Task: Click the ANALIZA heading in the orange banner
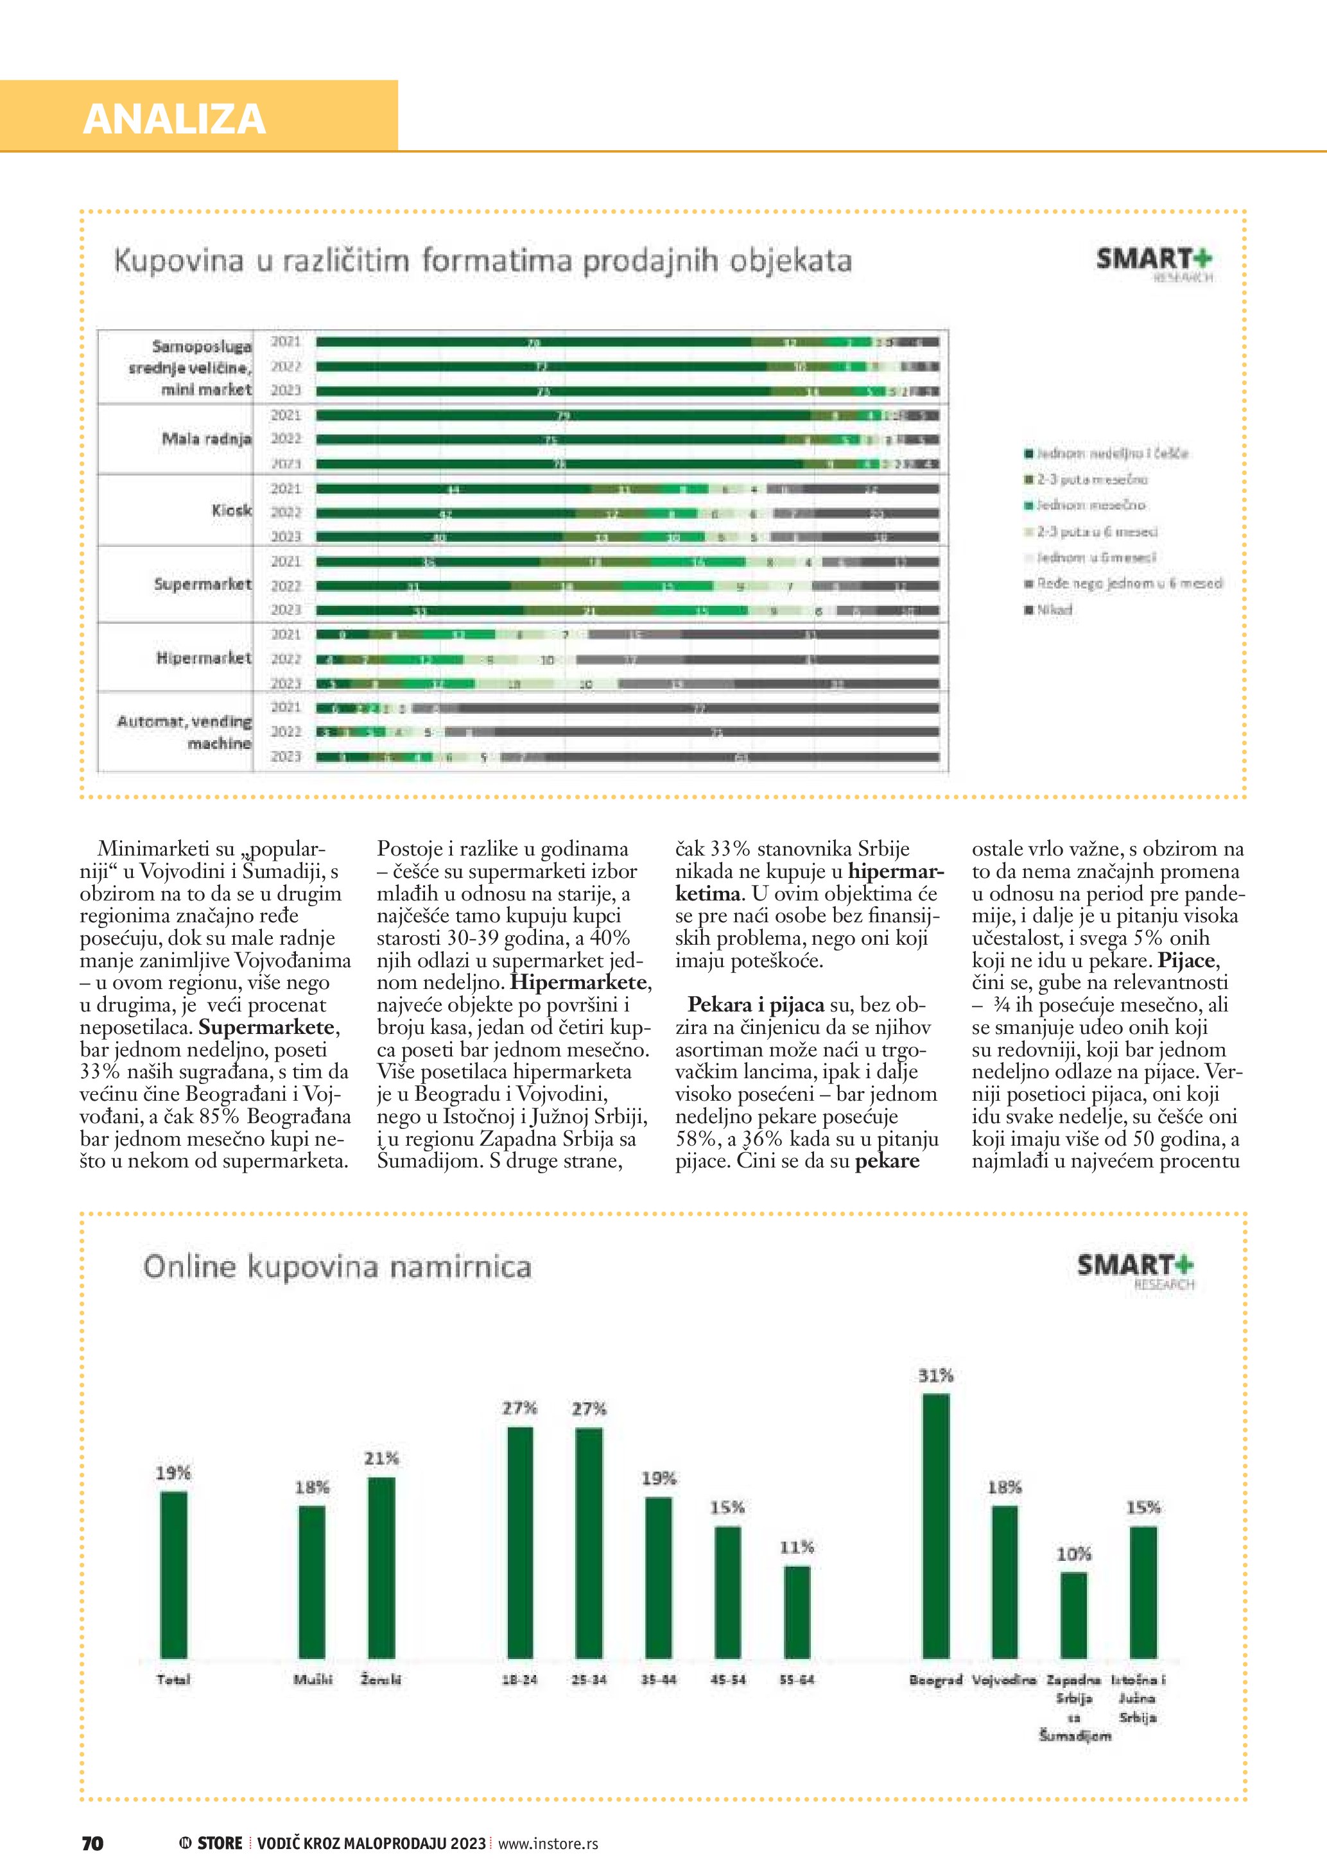174,119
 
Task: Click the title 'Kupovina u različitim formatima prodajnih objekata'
482,261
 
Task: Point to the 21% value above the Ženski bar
381,1458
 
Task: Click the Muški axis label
313,1680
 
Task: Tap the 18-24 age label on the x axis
519,1680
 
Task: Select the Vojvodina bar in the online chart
1005,1582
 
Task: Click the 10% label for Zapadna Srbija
1073,1554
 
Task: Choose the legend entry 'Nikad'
1054,610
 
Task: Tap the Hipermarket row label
204,658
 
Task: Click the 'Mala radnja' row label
206,439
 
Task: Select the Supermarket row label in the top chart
203,584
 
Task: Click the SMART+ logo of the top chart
1154,261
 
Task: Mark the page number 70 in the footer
92,1843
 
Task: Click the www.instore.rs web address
548,1843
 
